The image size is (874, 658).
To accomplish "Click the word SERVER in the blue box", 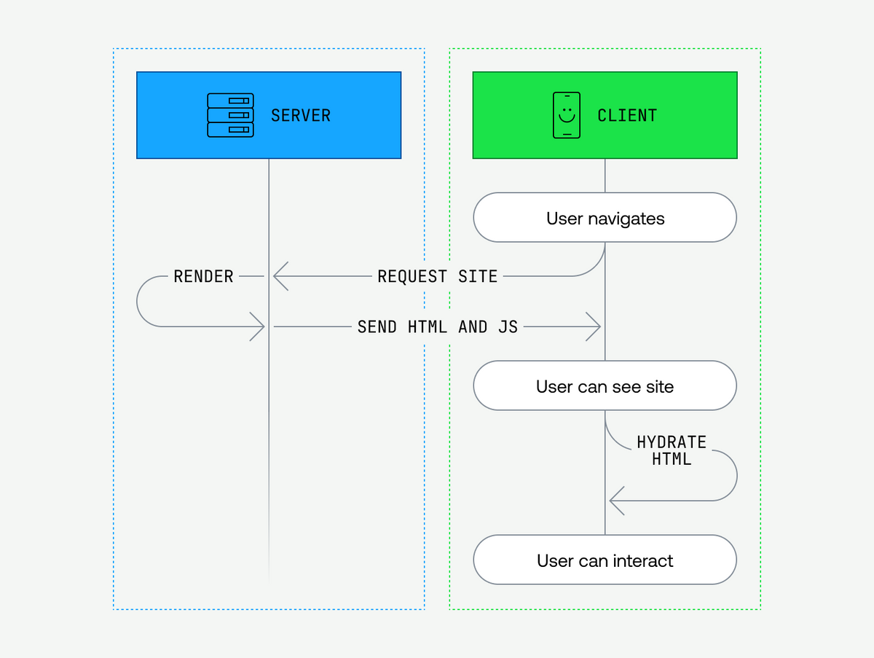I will click(300, 115).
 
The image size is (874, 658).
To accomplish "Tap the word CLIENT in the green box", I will click(626, 115).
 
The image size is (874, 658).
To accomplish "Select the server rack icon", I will click(230, 115).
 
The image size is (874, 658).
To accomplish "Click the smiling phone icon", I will click(567, 115).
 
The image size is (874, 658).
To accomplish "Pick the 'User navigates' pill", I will click(605, 218).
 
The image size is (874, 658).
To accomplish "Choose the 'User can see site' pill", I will click(605, 385).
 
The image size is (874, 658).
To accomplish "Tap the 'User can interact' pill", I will click(605, 560).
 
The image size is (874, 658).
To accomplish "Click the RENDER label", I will click(203, 276).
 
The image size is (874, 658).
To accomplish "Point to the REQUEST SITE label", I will click(437, 276).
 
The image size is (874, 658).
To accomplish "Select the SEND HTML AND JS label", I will click(437, 327).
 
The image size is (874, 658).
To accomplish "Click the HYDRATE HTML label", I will click(671, 450).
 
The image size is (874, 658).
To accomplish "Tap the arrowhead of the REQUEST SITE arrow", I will click(279, 276).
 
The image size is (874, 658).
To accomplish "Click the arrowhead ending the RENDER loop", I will click(258, 327).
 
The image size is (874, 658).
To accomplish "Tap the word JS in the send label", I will click(508, 327).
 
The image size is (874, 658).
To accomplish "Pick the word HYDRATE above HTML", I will click(671, 442).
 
